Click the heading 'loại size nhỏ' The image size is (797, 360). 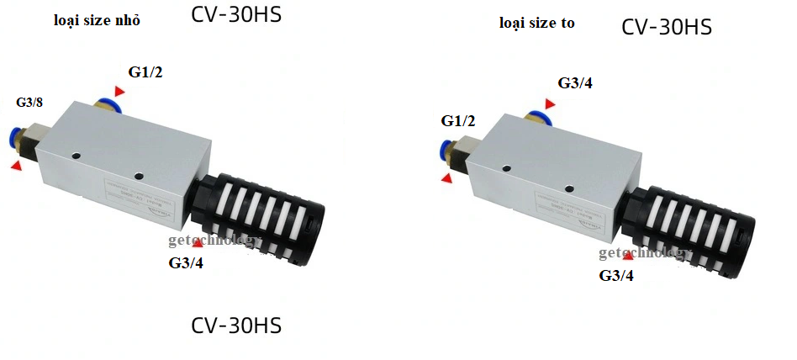97,21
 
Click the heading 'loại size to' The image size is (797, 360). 536,23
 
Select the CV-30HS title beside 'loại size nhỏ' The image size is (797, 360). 236,16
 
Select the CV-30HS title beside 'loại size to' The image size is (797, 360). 667,27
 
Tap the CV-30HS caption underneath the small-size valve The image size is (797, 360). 236,325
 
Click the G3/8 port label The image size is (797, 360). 29,103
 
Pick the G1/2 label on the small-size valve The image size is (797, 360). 145,72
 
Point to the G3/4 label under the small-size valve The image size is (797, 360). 186,263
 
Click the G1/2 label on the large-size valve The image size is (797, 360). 458,120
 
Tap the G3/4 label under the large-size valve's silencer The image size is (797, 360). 616,275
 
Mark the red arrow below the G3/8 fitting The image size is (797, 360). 16,167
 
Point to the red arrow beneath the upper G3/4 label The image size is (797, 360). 549,103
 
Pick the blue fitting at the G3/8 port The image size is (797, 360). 13,139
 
